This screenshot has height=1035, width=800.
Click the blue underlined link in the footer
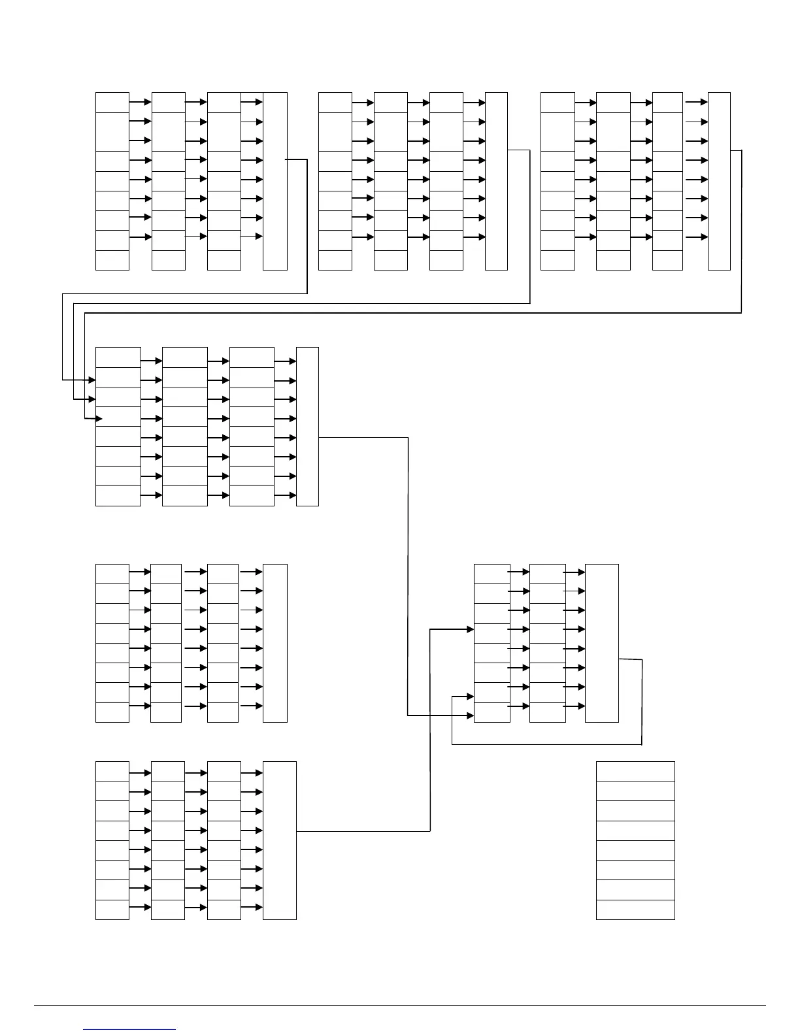129,1029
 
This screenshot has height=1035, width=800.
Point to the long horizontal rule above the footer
400,1005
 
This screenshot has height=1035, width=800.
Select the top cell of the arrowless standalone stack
635,771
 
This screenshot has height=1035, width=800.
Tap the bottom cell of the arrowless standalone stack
635,910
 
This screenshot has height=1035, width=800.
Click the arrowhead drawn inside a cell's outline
100,418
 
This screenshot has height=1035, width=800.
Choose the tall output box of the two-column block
601,643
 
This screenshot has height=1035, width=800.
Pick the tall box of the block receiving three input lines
307,427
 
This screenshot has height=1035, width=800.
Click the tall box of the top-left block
275,181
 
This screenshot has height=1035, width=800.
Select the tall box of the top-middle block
497,181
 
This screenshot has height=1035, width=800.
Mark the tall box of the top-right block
719,181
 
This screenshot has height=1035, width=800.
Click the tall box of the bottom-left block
280,840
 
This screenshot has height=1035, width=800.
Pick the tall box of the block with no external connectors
275,643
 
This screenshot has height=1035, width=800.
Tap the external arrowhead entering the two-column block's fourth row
469,629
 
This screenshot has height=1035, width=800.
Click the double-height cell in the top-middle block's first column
335,131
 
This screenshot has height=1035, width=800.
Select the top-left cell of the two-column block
492,574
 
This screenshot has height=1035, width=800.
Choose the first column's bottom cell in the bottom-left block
112,910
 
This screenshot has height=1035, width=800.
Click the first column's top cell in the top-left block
112,103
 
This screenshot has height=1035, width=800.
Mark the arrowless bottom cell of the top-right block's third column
667,260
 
